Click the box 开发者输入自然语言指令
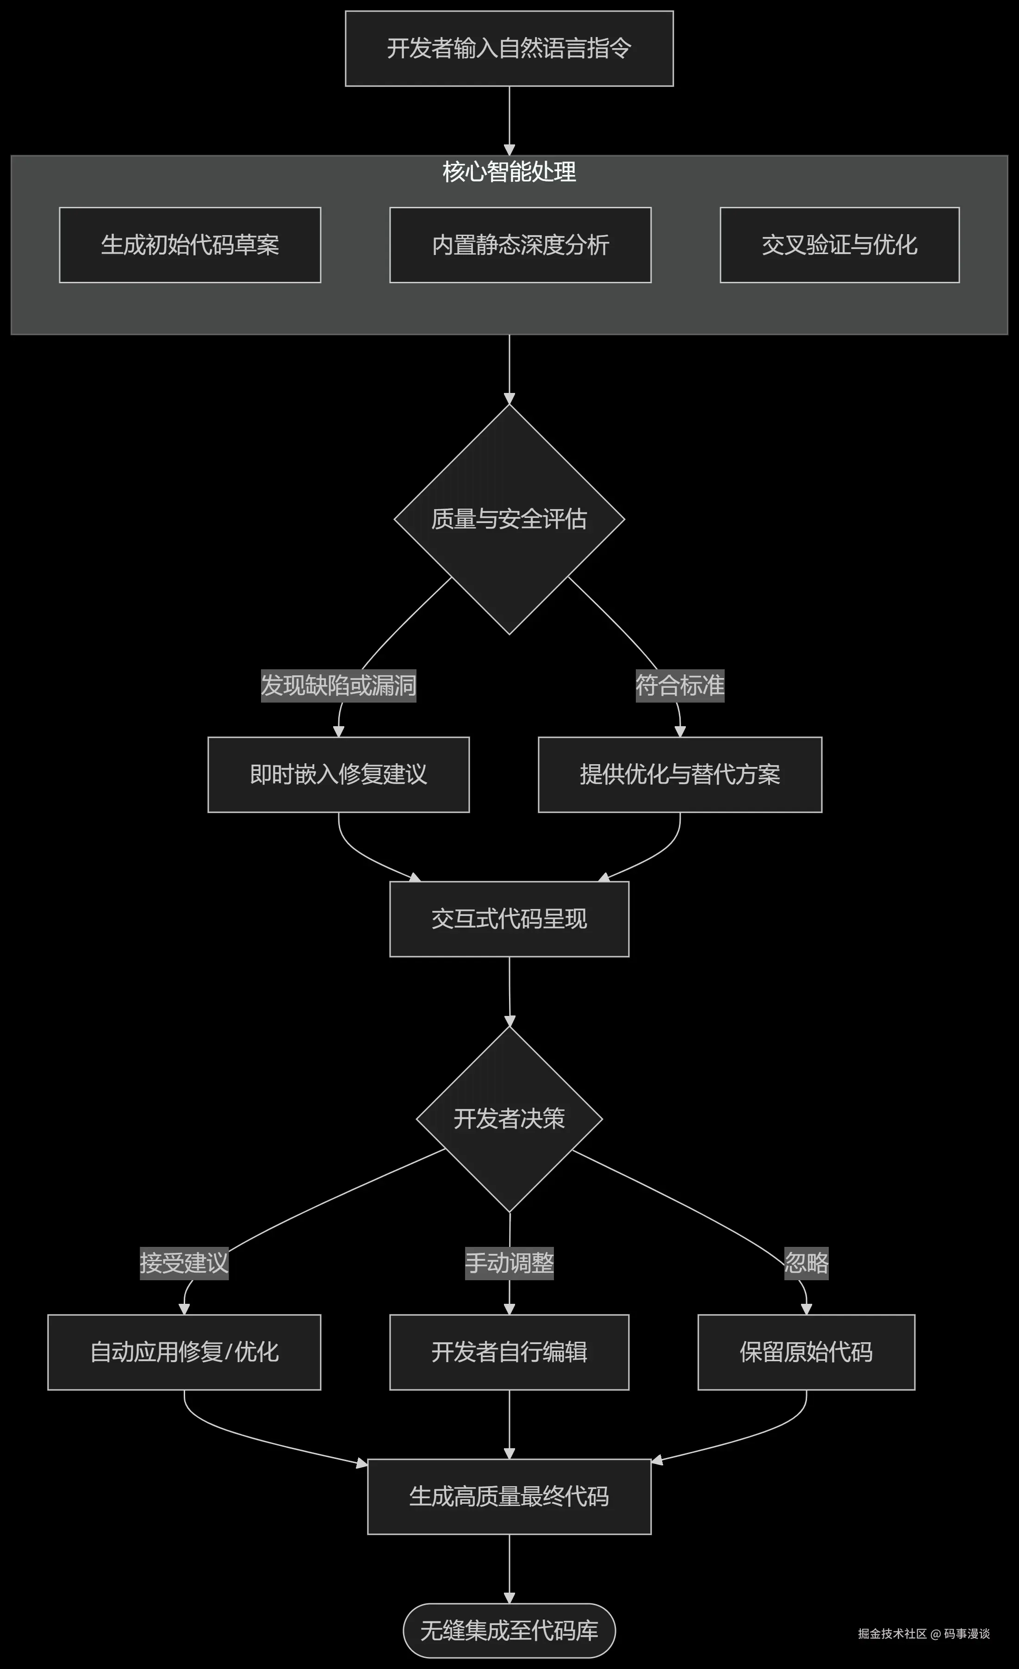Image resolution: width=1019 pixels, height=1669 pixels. [509, 49]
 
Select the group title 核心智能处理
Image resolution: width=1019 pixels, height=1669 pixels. [509, 172]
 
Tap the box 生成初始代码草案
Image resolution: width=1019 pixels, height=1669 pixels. [190, 245]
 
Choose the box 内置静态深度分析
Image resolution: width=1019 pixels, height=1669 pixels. [520, 245]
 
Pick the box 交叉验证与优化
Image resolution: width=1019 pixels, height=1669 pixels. [839, 245]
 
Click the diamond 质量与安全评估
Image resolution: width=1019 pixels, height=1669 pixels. [509, 519]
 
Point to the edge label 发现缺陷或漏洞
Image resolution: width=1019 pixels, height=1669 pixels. [339, 685]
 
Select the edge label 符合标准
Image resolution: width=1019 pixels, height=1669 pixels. [680, 685]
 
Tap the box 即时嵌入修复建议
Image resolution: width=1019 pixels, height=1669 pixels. [339, 774]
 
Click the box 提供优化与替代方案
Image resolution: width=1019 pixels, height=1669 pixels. [680, 774]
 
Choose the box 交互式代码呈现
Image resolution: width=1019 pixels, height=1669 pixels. [509, 919]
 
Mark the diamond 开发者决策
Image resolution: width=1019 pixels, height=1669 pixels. [509, 1119]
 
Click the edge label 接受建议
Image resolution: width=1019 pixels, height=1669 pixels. [184, 1263]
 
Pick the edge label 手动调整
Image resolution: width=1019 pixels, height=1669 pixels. [509, 1263]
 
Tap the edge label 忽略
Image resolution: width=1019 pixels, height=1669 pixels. [806, 1263]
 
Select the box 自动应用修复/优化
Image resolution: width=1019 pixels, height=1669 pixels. [184, 1353]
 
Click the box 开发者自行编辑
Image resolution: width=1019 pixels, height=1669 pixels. [509, 1353]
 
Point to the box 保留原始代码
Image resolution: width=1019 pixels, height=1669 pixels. [806, 1353]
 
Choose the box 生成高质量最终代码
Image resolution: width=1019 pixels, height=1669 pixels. [509, 1497]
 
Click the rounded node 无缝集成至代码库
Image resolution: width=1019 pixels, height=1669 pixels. [509, 1631]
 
